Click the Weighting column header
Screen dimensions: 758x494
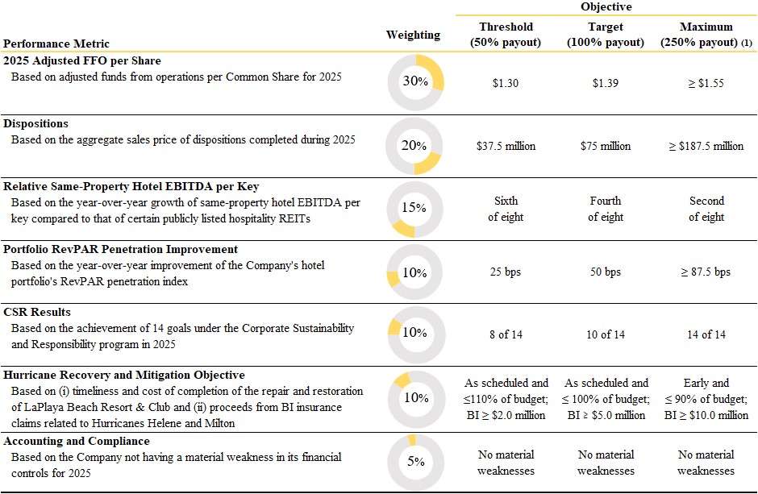(414, 35)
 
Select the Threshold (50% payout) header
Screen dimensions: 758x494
(506, 35)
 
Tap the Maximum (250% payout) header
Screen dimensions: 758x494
(706, 35)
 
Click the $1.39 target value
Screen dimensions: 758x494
(606, 83)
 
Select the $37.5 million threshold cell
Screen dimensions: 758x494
(506, 146)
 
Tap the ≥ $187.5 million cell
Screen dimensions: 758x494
(706, 146)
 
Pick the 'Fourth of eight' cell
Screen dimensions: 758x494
(606, 209)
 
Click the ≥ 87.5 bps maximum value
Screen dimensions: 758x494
(706, 272)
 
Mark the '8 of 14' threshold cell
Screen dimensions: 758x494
(506, 334)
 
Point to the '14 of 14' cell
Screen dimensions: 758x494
(706, 334)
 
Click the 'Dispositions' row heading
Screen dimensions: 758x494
(35, 123)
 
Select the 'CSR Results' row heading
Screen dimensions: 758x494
(37, 312)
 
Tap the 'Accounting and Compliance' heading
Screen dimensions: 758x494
(77, 441)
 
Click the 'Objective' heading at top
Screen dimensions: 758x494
(606, 6)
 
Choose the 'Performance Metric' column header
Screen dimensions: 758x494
(56, 44)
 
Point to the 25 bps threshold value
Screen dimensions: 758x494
(505, 272)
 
